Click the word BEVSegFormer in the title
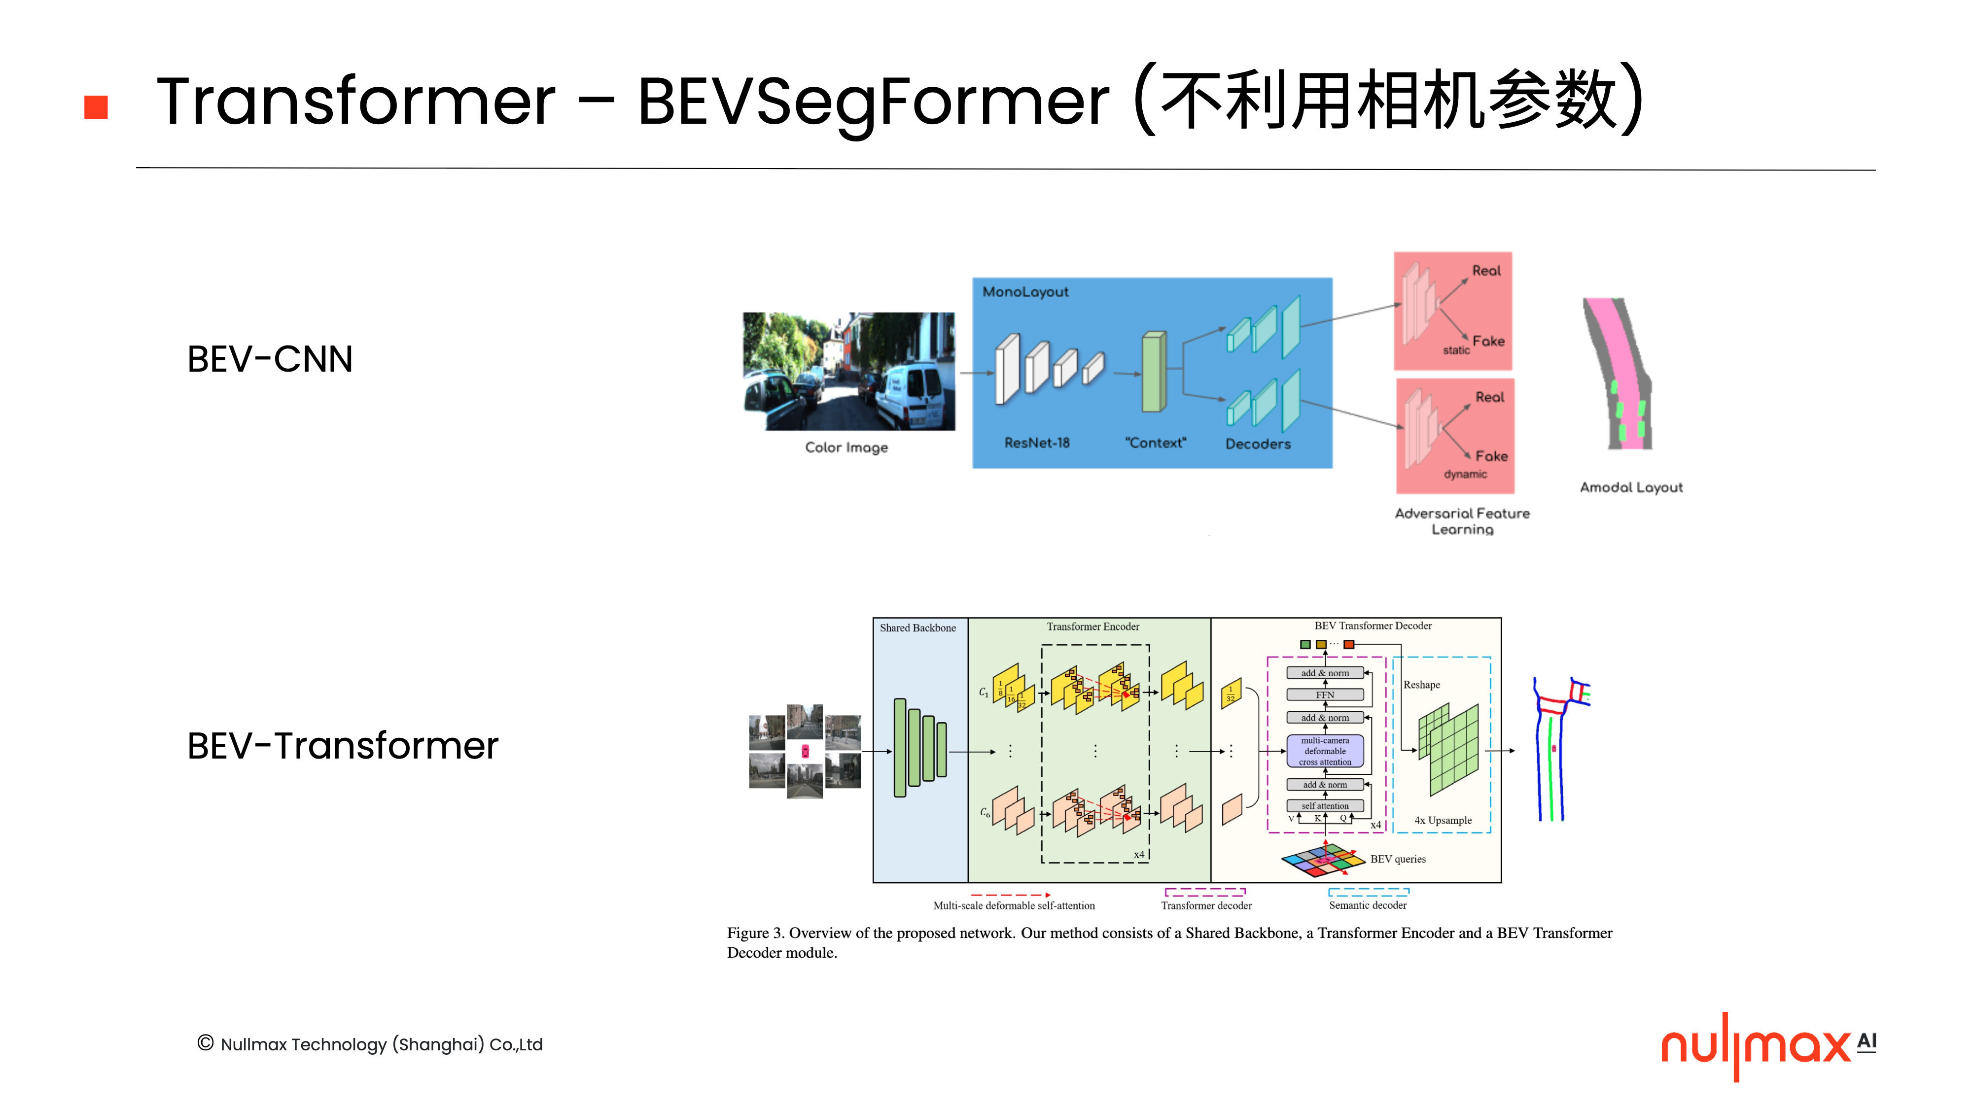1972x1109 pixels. [x=873, y=102]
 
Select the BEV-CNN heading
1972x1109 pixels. [x=270, y=359]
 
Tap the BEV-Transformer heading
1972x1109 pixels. [x=342, y=745]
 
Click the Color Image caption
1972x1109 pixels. [x=846, y=447]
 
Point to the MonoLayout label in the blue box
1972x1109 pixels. [x=1025, y=292]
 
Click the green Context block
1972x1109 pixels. [x=1154, y=373]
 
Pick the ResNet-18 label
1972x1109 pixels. [x=1036, y=443]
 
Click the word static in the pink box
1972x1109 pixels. [x=1456, y=350]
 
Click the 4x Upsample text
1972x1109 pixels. [x=1442, y=820]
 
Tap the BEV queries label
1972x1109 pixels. [x=1397, y=859]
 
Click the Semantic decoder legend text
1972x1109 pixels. [x=1367, y=904]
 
